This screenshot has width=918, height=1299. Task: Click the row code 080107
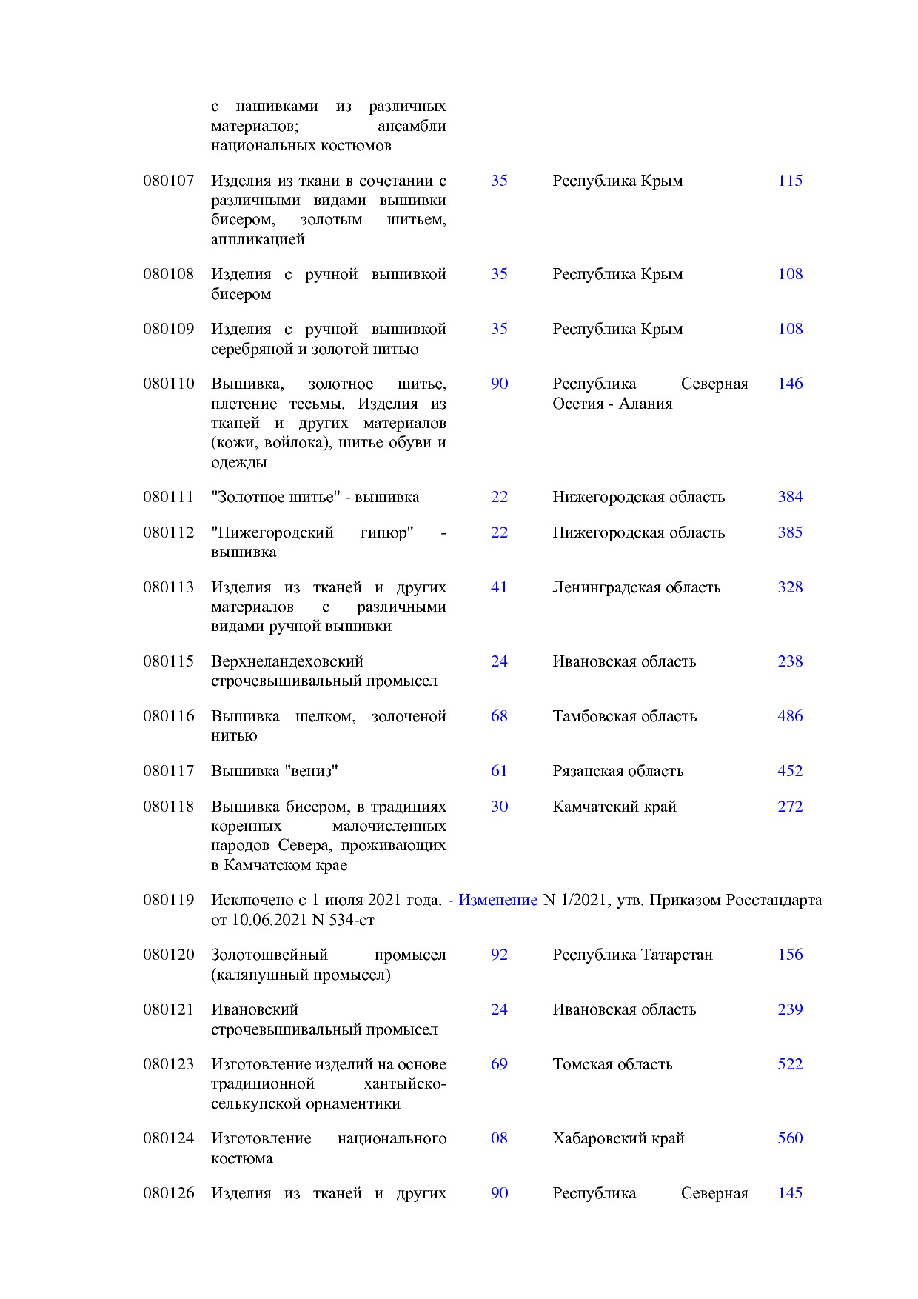click(x=168, y=181)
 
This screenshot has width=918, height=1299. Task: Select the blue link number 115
click(x=789, y=181)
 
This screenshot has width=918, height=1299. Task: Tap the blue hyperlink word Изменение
click(x=497, y=900)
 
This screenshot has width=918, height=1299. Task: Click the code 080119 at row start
click(x=168, y=900)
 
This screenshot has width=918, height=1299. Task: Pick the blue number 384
click(x=789, y=497)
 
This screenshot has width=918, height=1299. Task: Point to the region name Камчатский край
click(x=614, y=807)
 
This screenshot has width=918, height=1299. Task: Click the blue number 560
click(x=789, y=1138)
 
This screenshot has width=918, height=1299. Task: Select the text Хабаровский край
click(x=617, y=1138)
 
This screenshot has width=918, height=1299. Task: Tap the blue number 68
click(x=499, y=716)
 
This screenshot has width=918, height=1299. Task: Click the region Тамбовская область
click(x=624, y=716)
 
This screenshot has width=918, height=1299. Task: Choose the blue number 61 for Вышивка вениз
click(x=499, y=771)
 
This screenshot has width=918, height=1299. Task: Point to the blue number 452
click(x=789, y=771)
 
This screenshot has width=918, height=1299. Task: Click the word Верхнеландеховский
click(x=287, y=661)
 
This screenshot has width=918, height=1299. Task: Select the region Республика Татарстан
click(x=632, y=955)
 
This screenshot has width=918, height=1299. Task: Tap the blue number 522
click(x=789, y=1064)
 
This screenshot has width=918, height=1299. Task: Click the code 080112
click(x=168, y=532)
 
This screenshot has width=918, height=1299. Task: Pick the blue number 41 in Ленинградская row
click(x=499, y=587)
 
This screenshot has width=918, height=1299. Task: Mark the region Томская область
click(x=612, y=1064)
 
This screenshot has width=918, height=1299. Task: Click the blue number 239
click(x=789, y=1009)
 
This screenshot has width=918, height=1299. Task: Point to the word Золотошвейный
click(x=269, y=955)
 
